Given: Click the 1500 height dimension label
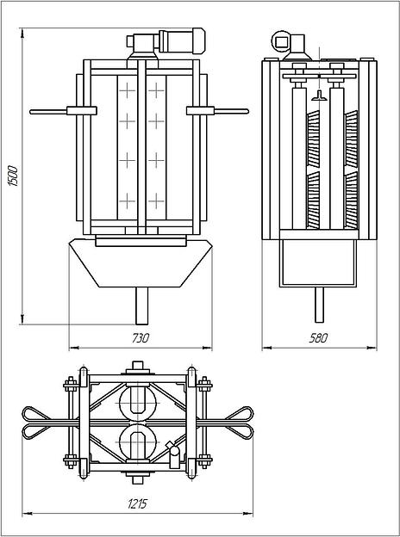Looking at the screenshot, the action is pos(13,176).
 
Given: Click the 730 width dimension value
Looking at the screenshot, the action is pos(141,338).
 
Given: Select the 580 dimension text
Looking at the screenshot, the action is pos(318,338).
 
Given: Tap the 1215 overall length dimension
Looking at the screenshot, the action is pos(137,503).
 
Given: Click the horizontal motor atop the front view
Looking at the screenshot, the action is pos(182,40).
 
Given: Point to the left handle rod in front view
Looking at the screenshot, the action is pos(48,111).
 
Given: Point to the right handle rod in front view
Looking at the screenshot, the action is pos(231,111).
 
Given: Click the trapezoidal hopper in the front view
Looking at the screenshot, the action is pos(141,263).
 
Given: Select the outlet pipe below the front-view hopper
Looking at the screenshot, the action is pos(141,306).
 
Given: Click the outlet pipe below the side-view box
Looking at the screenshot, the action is pos(319,305).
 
